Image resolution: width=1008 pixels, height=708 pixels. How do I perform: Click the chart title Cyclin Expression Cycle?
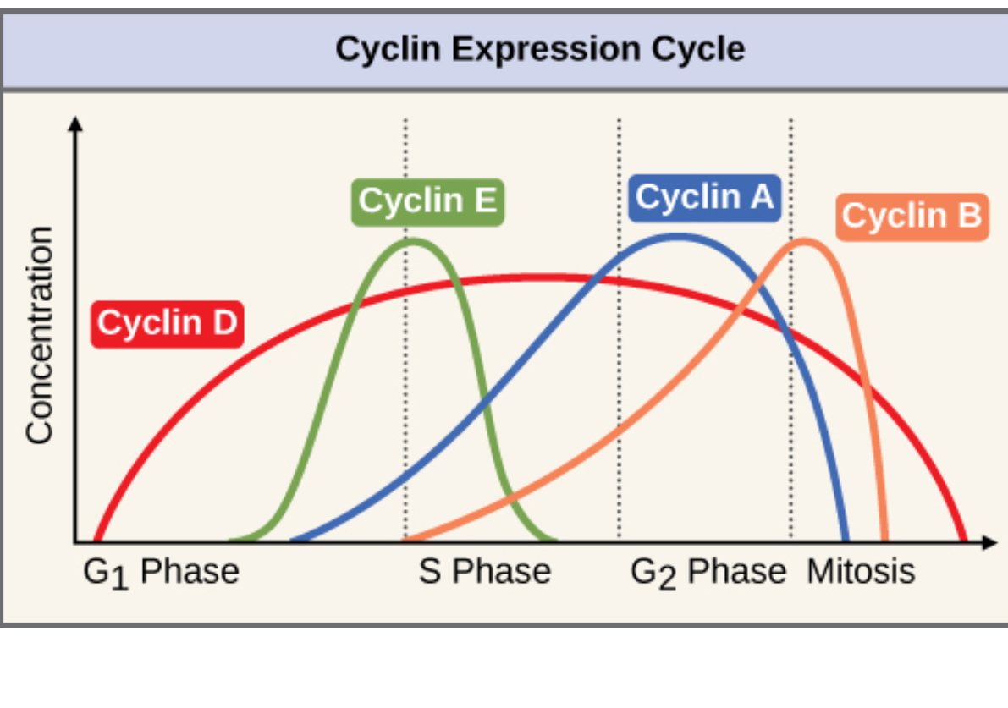540,48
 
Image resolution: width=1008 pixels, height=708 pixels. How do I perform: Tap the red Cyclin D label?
167,323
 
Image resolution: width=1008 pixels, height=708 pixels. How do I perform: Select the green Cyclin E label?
427,202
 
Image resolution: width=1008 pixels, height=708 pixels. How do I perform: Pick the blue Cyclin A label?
704,197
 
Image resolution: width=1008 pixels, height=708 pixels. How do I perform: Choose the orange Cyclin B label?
912,217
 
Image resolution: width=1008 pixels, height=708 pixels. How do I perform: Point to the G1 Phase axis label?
161,573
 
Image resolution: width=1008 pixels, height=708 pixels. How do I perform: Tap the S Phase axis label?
485,573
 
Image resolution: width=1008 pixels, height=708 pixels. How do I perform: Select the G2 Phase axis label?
708,573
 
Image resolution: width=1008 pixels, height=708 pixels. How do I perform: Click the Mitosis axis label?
861,573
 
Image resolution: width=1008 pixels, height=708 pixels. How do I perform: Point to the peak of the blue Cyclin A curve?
677,236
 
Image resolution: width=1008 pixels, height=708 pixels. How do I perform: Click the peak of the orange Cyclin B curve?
807,241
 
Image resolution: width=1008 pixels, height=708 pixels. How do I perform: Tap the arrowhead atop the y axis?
76,123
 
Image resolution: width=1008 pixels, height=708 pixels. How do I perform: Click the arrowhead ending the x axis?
990,542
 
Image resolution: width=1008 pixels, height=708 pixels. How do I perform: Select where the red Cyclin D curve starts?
96,539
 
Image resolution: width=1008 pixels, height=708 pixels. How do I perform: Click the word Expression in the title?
547,48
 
